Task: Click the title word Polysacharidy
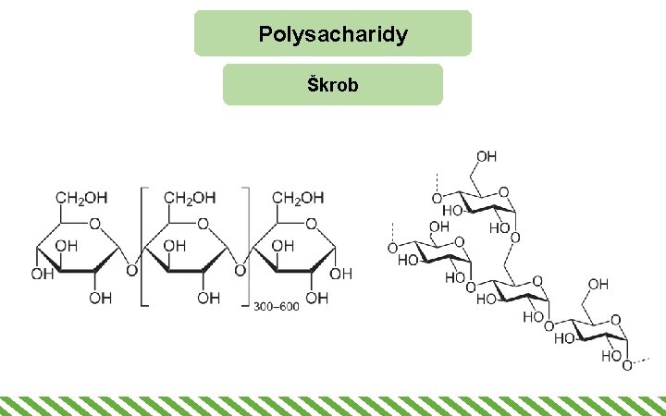(x=333, y=35)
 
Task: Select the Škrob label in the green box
(x=333, y=85)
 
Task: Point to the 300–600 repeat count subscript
(x=277, y=306)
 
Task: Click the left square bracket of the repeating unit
(x=143, y=245)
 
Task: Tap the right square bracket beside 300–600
(x=247, y=245)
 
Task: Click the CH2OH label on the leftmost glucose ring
(x=82, y=198)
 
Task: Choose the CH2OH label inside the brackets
(x=190, y=198)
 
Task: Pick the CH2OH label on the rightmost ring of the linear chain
(x=299, y=198)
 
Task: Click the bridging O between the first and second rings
(x=130, y=272)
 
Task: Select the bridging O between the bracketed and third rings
(x=240, y=272)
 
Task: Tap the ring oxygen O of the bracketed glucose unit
(x=203, y=223)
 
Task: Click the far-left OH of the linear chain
(x=42, y=275)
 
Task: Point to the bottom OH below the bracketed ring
(x=208, y=298)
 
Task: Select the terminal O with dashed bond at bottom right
(x=628, y=366)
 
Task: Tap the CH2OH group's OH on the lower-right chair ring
(x=598, y=283)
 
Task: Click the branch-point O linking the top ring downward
(x=514, y=239)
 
